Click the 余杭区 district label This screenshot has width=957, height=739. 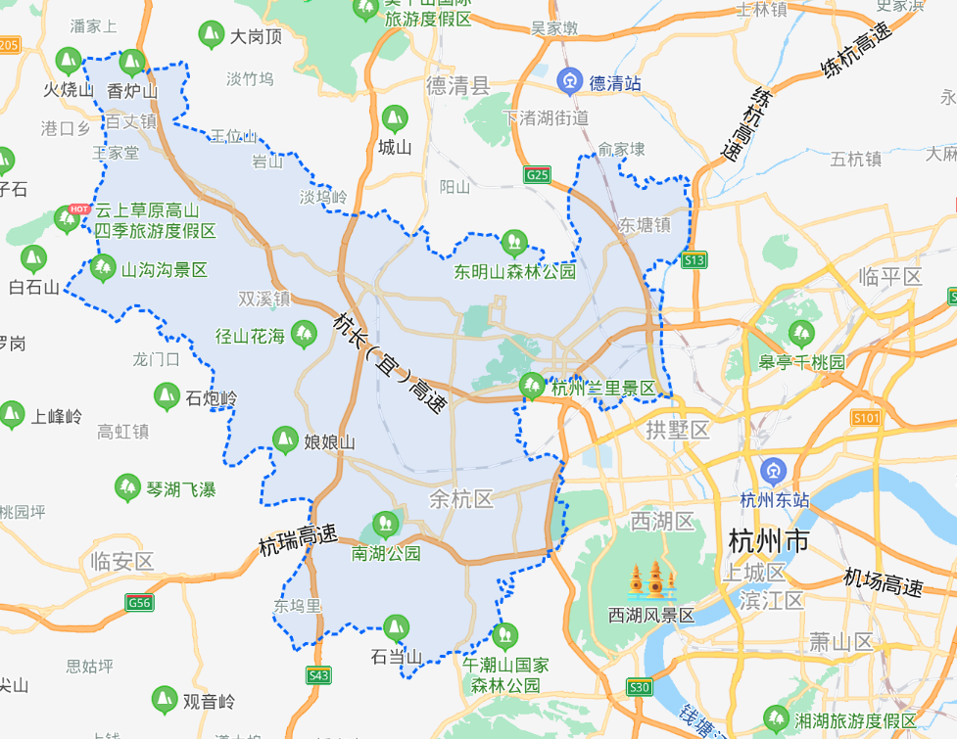click(460, 500)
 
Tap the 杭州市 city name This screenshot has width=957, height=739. click(769, 540)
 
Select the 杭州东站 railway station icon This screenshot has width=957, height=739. click(775, 471)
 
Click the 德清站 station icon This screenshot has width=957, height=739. click(570, 81)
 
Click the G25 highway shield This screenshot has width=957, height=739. click(537, 175)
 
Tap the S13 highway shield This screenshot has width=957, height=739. click(694, 259)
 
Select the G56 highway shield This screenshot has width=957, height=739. click(140, 603)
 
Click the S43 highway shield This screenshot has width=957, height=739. click(318, 675)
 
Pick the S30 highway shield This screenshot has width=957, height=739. click(640, 687)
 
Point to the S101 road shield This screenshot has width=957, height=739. click(866, 418)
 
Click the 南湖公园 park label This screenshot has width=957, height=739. click(386, 553)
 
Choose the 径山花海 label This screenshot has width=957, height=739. click(251, 337)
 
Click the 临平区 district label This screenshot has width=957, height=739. click(889, 277)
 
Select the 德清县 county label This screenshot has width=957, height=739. click(457, 86)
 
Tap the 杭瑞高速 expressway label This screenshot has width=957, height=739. click(299, 538)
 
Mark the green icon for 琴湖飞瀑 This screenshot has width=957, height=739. click(127, 487)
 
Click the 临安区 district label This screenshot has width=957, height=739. click(121, 562)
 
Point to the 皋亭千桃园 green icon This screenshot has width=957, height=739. click(801, 334)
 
